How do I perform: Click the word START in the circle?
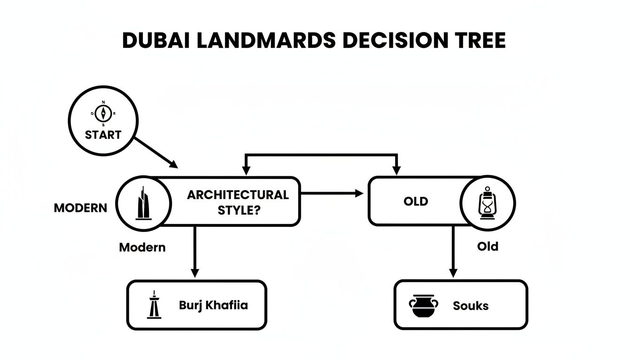click(103, 135)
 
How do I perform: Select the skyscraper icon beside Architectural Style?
click(142, 202)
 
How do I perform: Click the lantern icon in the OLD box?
click(487, 203)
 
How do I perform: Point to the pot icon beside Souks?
click(423, 305)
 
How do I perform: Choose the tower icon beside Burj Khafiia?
click(154, 305)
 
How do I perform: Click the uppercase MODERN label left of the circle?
click(80, 208)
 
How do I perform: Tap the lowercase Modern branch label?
click(142, 247)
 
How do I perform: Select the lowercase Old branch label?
click(487, 246)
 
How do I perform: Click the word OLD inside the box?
click(416, 202)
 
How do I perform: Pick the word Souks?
click(471, 306)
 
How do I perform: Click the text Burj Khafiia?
click(213, 305)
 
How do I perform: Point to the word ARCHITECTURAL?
click(238, 195)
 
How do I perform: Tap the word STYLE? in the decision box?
click(239, 210)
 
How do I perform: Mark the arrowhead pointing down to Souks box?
click(453, 273)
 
